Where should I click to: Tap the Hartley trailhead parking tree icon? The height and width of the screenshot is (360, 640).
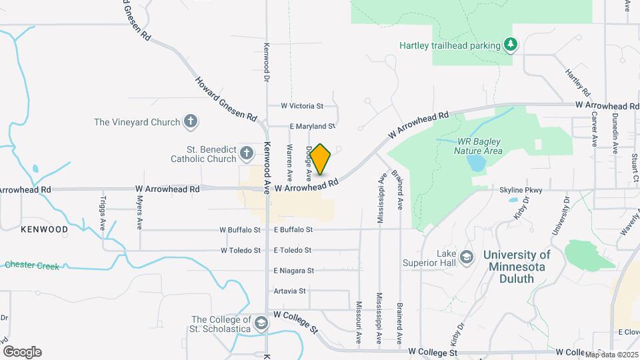[x=511, y=45]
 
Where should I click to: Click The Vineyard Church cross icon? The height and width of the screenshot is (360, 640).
[x=191, y=122]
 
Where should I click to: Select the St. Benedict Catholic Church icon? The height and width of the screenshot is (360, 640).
[x=246, y=154]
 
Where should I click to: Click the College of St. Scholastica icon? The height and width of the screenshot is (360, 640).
[x=261, y=323]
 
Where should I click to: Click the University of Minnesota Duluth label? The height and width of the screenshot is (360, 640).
[x=517, y=266]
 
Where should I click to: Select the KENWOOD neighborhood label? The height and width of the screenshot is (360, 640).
[x=45, y=229]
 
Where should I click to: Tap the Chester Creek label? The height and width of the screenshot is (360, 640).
[x=32, y=266]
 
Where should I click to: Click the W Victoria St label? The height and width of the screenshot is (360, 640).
[x=302, y=106]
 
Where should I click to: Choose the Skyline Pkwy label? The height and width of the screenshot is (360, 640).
[x=522, y=190]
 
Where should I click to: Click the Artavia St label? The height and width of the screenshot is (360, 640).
[x=289, y=291]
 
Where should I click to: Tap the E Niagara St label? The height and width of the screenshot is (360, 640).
[x=293, y=271]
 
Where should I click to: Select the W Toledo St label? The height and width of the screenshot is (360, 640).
[x=241, y=251]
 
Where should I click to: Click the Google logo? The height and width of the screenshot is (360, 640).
[x=22, y=352]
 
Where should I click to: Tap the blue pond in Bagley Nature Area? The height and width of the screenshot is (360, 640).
[x=475, y=163]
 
